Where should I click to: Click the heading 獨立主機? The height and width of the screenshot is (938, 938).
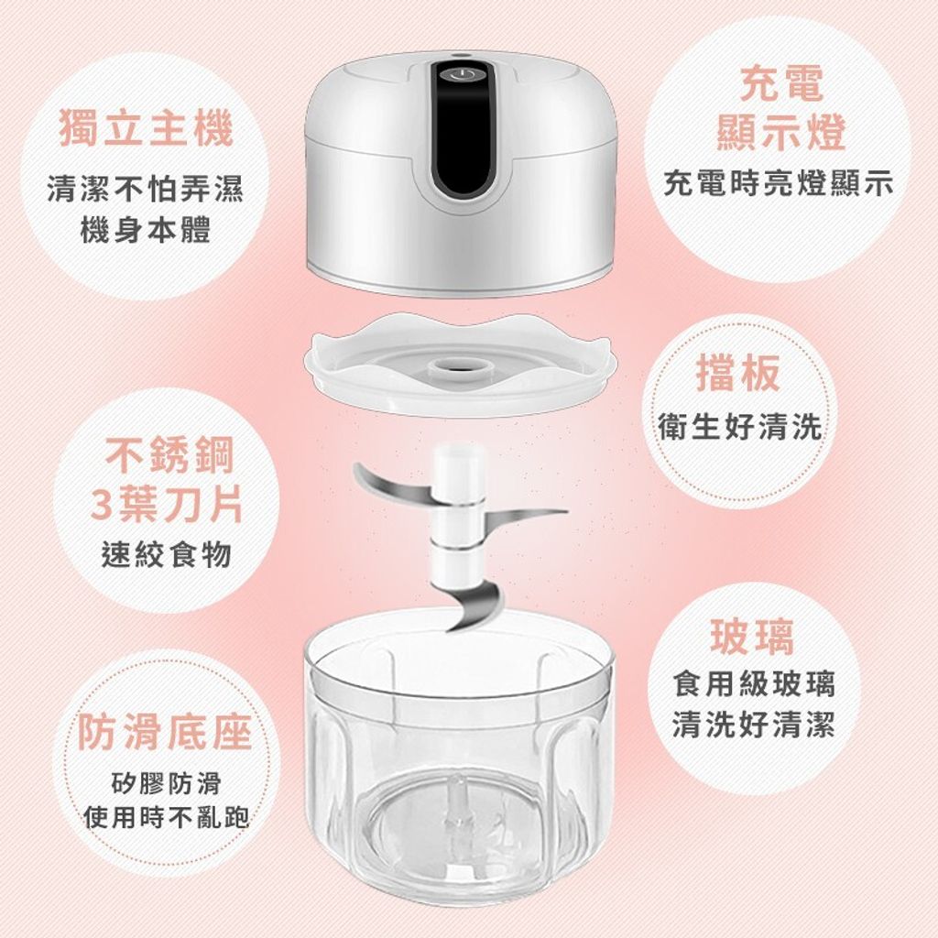coord(146,129)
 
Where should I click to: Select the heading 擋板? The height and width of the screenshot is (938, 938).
coord(739,373)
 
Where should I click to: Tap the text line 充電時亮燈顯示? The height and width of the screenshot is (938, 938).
coord(780,183)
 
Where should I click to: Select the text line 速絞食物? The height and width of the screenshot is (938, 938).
coord(167,554)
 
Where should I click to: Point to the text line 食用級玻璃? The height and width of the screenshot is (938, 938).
coord(754,683)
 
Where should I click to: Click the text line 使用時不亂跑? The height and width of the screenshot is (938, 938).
coord(167,817)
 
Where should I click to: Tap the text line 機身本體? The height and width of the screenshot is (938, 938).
coord(146,231)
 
